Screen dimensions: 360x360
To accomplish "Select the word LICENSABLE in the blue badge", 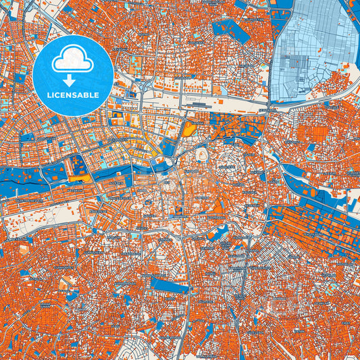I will click(x=73, y=95).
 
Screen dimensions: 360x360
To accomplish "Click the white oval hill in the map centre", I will click(x=201, y=156).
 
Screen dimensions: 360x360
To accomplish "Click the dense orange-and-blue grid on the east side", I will click(x=311, y=230).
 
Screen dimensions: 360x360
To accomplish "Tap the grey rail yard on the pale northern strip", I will click(x=203, y=105).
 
